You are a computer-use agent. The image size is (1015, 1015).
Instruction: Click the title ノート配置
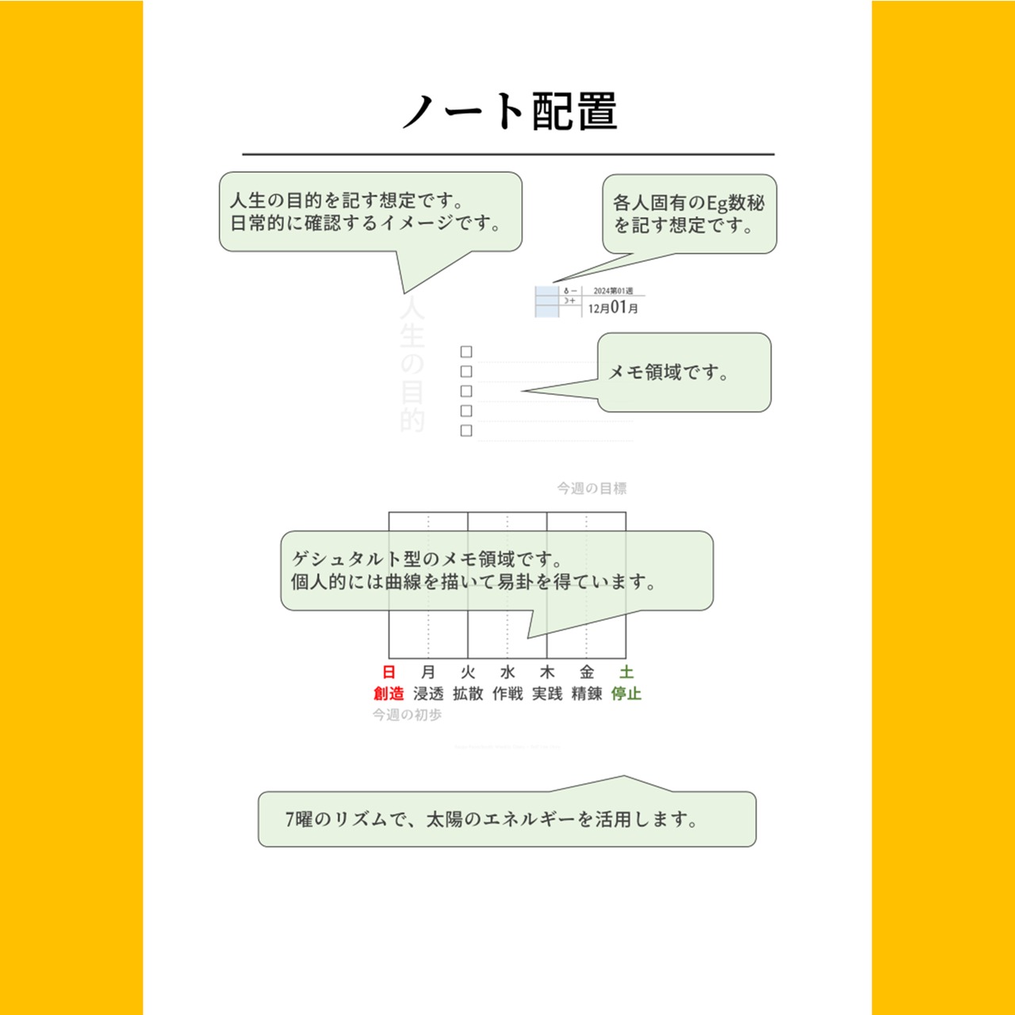pyautogui.click(x=508, y=111)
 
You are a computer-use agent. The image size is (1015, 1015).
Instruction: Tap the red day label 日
pyautogui.click(x=389, y=672)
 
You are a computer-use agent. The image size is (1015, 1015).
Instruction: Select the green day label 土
pyautogui.click(x=626, y=672)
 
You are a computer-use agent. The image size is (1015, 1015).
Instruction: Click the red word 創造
pyautogui.click(x=389, y=694)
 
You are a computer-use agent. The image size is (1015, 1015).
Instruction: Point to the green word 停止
pyautogui.click(x=626, y=694)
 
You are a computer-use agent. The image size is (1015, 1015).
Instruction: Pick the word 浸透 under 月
pyautogui.click(x=428, y=694)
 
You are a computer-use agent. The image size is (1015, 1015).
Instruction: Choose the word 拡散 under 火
pyautogui.click(x=468, y=694)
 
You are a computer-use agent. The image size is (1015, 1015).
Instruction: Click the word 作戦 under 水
pyautogui.click(x=507, y=694)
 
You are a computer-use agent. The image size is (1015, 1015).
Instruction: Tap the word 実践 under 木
pyautogui.click(x=547, y=694)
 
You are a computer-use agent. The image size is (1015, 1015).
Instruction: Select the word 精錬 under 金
pyautogui.click(x=587, y=694)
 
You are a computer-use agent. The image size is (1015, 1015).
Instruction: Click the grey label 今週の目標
pyautogui.click(x=592, y=488)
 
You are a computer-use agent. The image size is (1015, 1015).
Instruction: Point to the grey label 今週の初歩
pyautogui.click(x=407, y=715)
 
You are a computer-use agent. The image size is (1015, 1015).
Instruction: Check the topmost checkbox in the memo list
pyautogui.click(x=466, y=351)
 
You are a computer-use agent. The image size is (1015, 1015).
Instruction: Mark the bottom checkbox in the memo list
pyautogui.click(x=466, y=431)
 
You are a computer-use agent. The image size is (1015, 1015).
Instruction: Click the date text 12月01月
pyautogui.click(x=613, y=308)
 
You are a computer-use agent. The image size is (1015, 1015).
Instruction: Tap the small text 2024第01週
pyautogui.click(x=613, y=291)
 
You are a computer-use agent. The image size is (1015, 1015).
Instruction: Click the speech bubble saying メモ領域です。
pyautogui.click(x=684, y=372)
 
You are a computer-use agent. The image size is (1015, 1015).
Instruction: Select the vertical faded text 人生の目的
pyautogui.click(x=412, y=365)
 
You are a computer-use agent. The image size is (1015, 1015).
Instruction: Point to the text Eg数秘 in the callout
pyautogui.click(x=736, y=203)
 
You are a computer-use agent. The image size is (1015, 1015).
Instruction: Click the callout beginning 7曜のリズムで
pyautogui.click(x=507, y=819)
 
